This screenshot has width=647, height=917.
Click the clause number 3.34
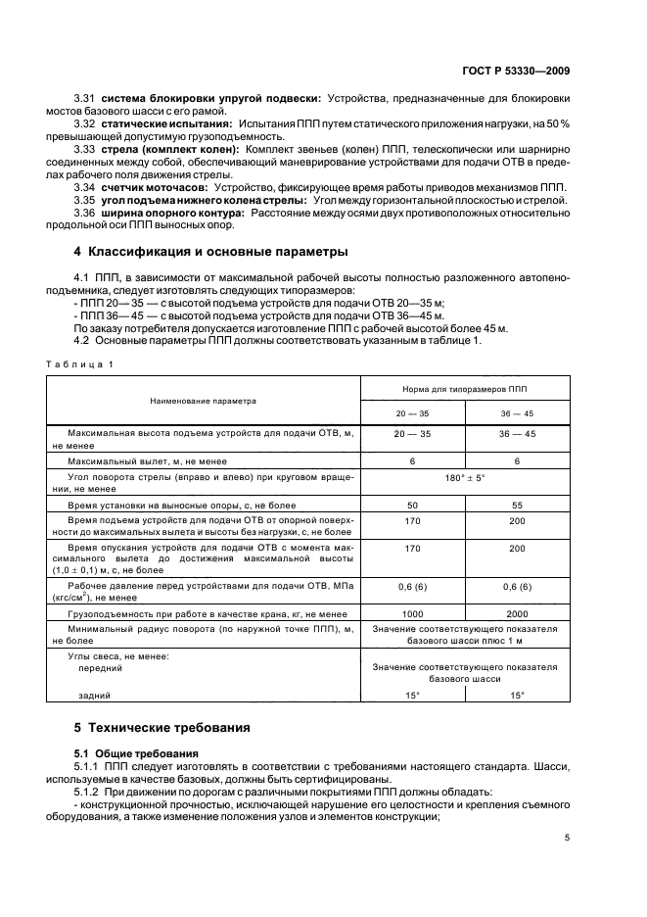click(85, 186)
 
